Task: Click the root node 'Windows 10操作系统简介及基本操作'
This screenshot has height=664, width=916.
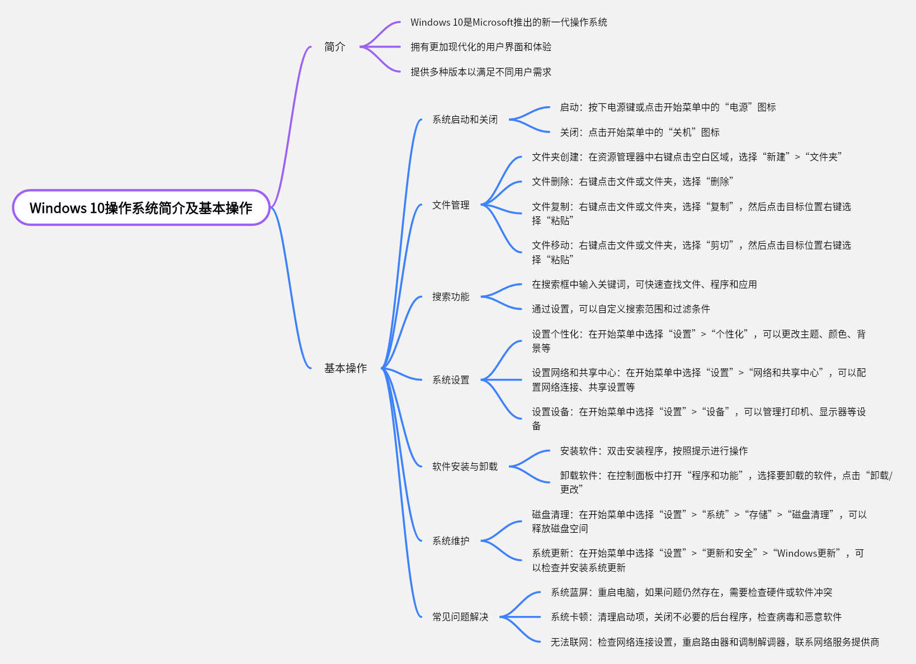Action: click(x=141, y=208)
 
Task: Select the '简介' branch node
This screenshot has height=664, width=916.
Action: click(x=335, y=47)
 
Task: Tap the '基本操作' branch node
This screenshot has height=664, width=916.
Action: click(x=346, y=368)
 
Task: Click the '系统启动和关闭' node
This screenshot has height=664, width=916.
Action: click(x=465, y=120)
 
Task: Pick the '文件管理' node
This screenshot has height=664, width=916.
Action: click(x=451, y=205)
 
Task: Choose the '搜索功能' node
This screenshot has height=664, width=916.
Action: click(x=451, y=297)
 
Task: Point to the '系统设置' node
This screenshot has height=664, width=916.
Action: click(x=451, y=380)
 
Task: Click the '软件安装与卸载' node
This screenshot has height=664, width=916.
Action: click(x=465, y=467)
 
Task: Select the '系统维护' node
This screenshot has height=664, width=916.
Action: click(x=451, y=541)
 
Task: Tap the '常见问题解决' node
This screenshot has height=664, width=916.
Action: click(x=460, y=617)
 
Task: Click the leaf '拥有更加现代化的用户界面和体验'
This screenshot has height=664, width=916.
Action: click(x=481, y=47)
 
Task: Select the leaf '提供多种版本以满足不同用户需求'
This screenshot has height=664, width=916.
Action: click(x=481, y=72)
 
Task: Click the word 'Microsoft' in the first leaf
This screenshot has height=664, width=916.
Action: click(x=493, y=22)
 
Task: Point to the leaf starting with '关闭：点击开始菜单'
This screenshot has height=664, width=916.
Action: click(x=640, y=132)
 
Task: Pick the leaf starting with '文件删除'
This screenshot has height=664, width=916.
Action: click(x=632, y=182)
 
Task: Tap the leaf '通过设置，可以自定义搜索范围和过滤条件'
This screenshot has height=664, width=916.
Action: click(x=621, y=309)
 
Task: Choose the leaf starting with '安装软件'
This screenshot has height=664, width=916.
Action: click(x=654, y=451)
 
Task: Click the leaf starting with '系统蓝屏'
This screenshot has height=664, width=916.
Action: click(x=691, y=592)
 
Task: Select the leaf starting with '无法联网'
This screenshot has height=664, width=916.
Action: click(x=715, y=642)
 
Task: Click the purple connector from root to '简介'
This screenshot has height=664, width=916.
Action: click(x=291, y=129)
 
